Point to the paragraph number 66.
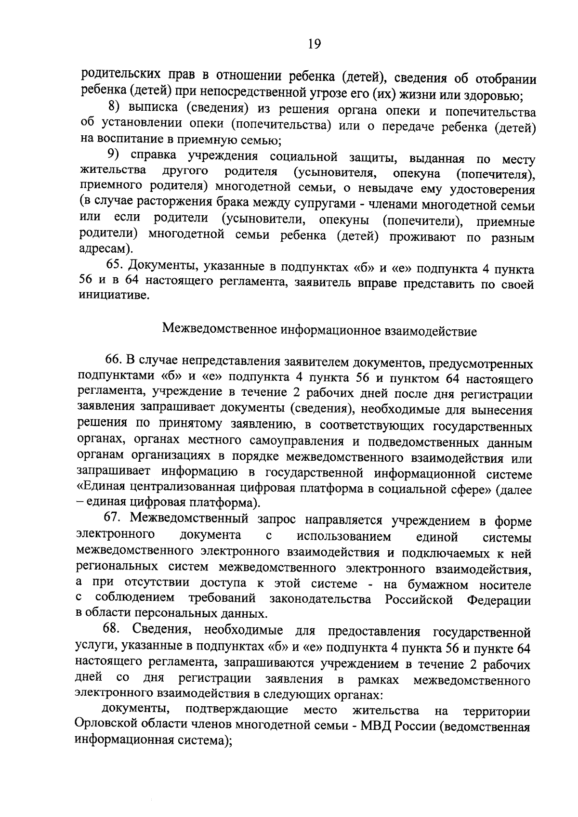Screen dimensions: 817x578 (x=116, y=360)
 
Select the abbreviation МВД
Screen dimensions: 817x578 (x=377, y=726)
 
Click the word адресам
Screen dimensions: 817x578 (x=104, y=249)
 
